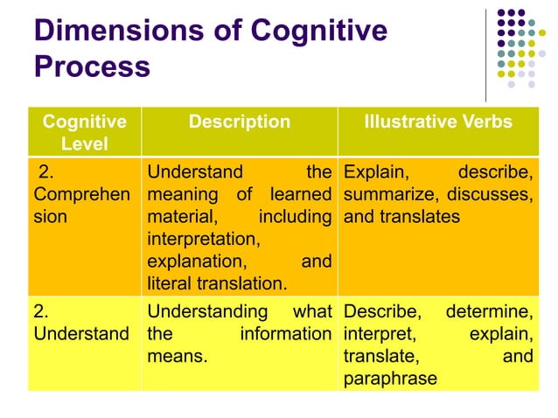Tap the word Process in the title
click(92, 66)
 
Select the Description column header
click(239, 122)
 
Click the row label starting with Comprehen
click(74, 192)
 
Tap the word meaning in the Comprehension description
click(182, 192)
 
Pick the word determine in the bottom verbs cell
click(489, 311)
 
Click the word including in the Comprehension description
click(295, 214)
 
